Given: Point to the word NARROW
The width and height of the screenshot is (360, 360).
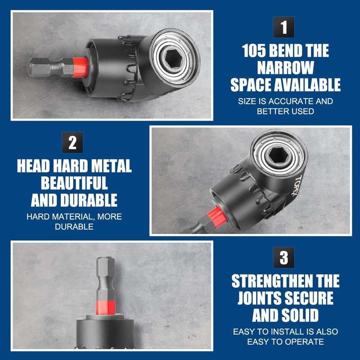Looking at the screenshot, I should click(285, 68).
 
